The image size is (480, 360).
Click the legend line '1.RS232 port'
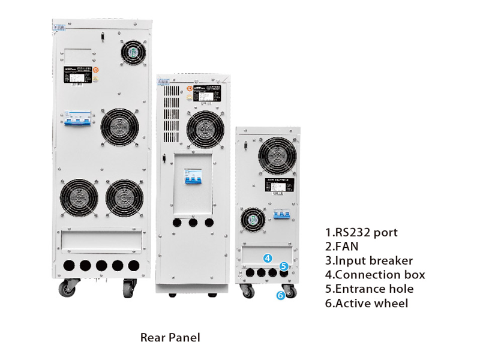click(x=361, y=232)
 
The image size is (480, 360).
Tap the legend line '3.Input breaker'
click(x=369, y=260)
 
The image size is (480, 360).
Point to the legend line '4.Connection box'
click(x=375, y=275)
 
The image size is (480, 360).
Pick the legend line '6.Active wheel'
click(x=366, y=303)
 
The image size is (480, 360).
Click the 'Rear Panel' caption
click(x=170, y=338)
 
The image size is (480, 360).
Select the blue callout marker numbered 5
click(x=284, y=266)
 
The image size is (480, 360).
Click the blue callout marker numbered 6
click(x=280, y=295)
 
